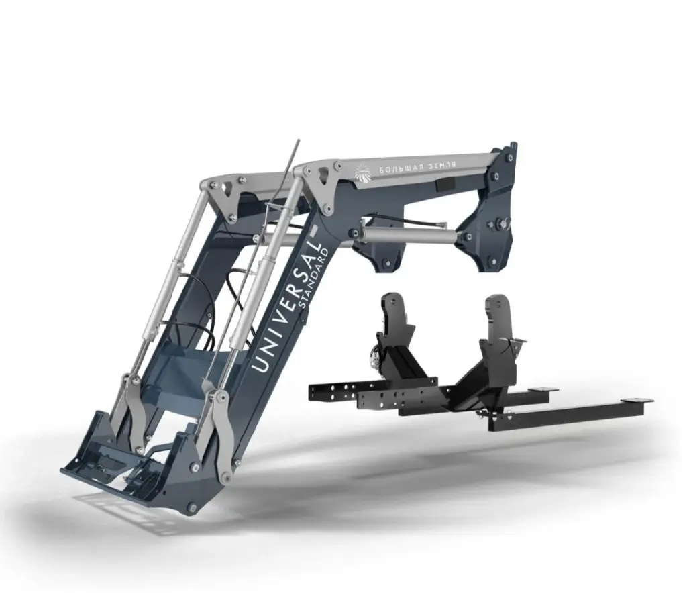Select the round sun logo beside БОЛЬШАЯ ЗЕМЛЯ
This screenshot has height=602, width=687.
(x=363, y=172)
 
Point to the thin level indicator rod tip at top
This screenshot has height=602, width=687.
(x=297, y=142)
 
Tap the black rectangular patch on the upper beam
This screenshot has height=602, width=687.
(x=445, y=185)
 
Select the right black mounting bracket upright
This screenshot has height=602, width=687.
(x=497, y=320)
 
